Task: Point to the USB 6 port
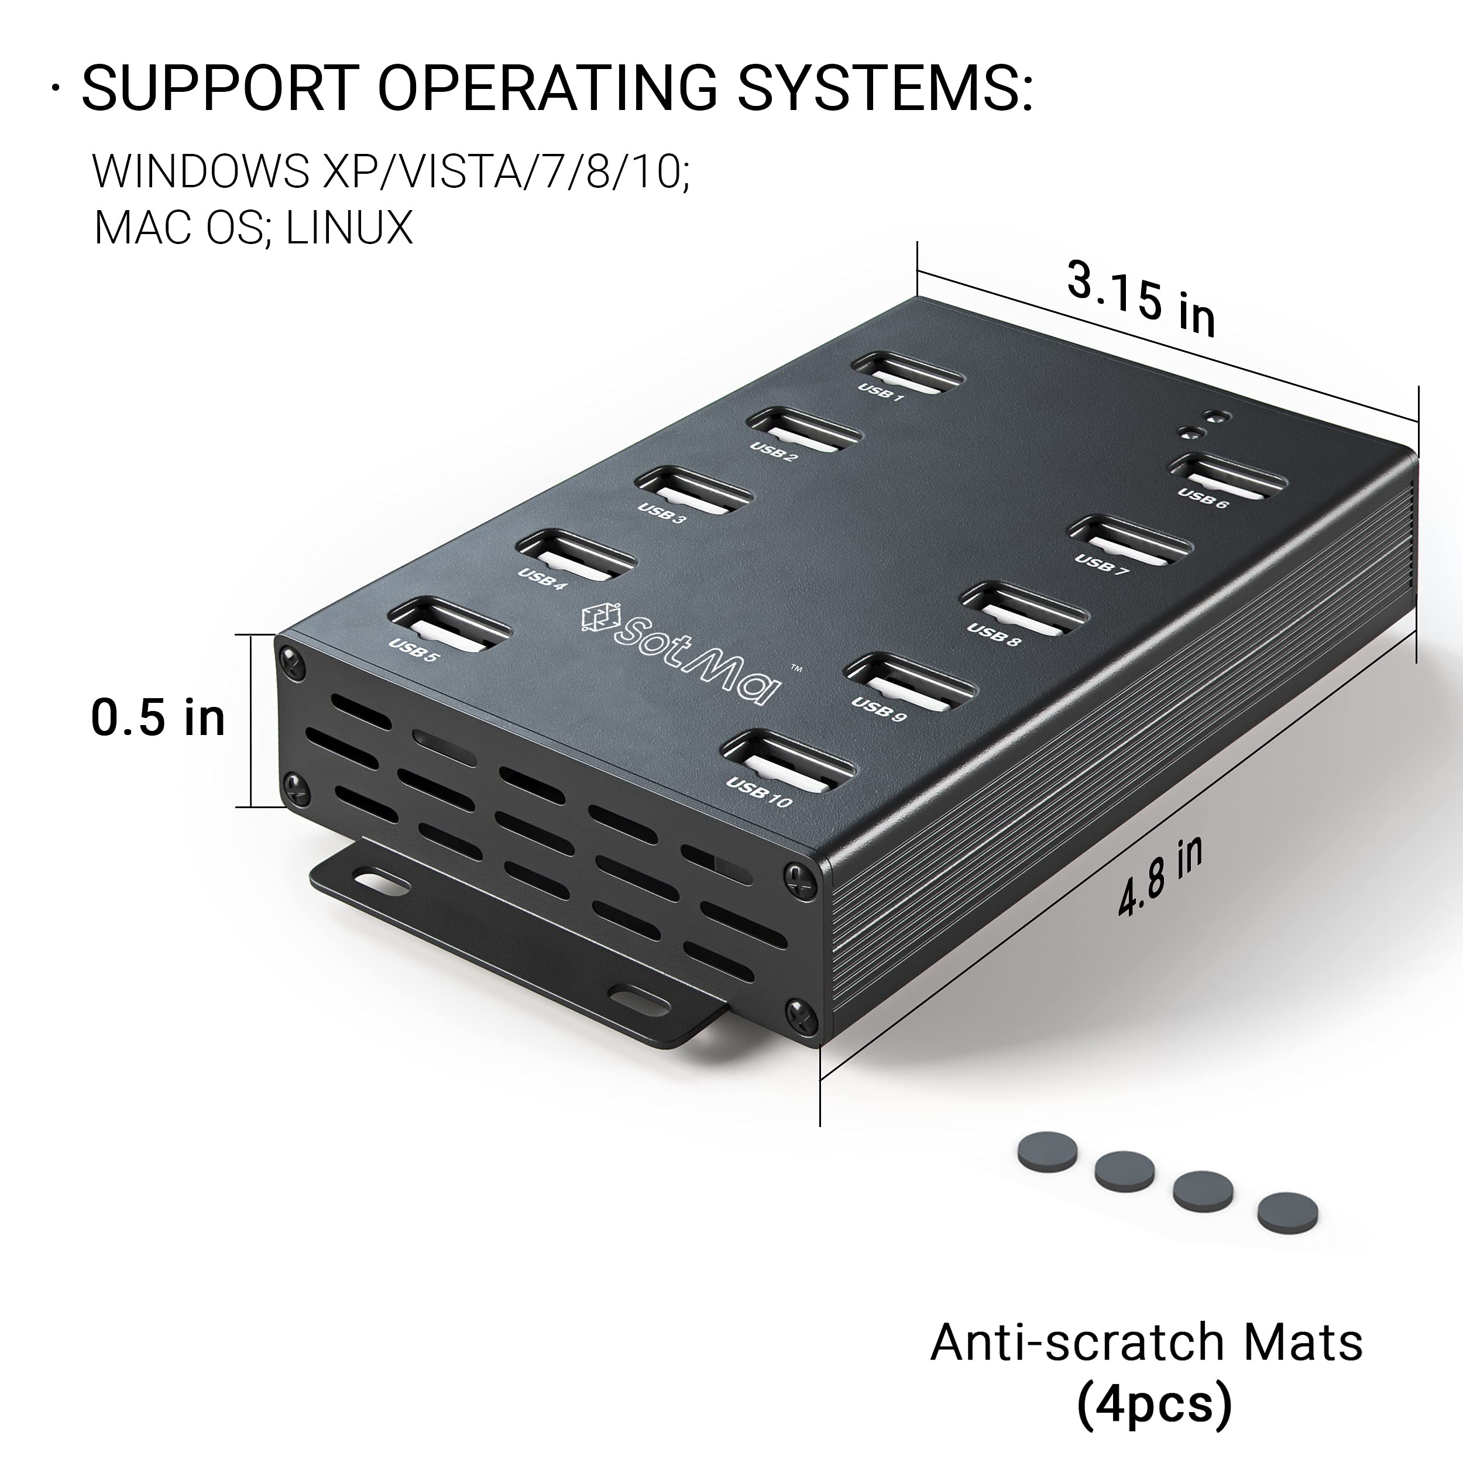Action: tap(1228, 476)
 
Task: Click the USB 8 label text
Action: tap(992, 634)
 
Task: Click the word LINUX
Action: tap(350, 227)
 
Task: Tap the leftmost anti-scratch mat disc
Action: tap(1048, 1151)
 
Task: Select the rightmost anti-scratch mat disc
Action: tap(1287, 1211)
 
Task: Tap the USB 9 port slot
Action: tap(909, 682)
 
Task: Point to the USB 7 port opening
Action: tap(1129, 539)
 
